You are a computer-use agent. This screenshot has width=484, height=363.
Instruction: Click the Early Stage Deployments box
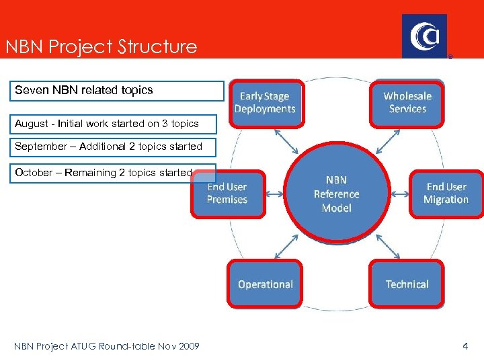[265, 103]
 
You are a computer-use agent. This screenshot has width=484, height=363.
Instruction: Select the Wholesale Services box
[407, 103]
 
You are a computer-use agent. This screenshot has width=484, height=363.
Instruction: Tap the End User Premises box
[227, 194]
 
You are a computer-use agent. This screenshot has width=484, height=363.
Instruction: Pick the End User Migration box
[446, 194]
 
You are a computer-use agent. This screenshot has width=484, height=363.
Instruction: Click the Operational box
[266, 284]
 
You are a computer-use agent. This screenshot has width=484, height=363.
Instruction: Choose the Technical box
[407, 284]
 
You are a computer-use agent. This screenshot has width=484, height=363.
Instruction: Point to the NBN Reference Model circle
[336, 194]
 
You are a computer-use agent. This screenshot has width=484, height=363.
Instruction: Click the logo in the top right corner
[424, 36]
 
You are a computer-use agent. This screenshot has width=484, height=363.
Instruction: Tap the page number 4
[465, 346]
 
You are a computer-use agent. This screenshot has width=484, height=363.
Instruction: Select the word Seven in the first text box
[28, 89]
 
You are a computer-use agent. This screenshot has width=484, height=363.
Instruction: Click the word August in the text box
[33, 124]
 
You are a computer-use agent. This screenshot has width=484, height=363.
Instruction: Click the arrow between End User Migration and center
[400, 194]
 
